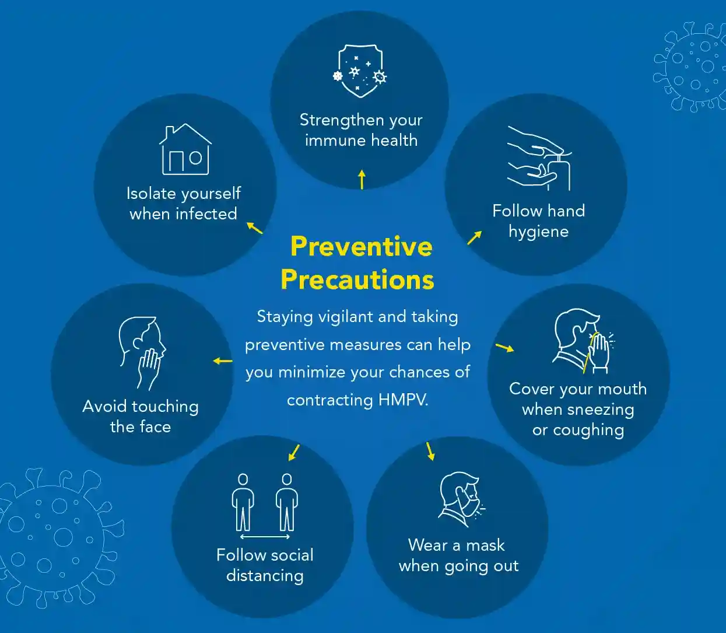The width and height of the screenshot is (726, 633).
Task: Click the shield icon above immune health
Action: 360,71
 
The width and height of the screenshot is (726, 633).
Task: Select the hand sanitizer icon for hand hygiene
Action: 539,158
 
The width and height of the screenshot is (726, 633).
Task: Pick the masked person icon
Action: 461,499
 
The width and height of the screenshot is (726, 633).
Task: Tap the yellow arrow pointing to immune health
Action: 362,179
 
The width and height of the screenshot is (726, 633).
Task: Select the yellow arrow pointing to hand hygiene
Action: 475,237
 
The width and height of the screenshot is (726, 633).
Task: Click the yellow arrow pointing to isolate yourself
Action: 254,228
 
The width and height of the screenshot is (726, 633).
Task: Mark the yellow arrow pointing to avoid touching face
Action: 223,361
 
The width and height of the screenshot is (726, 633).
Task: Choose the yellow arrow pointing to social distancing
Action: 294,452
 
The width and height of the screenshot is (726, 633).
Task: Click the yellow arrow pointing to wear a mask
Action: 430,451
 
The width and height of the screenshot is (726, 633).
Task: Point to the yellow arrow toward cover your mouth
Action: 505,348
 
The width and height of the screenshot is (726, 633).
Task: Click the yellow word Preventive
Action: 362,246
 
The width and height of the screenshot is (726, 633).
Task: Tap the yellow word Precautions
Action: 357,280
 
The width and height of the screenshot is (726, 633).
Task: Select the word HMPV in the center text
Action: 402,400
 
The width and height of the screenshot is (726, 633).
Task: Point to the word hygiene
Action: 538,232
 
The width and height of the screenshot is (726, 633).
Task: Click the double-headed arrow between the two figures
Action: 265,537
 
